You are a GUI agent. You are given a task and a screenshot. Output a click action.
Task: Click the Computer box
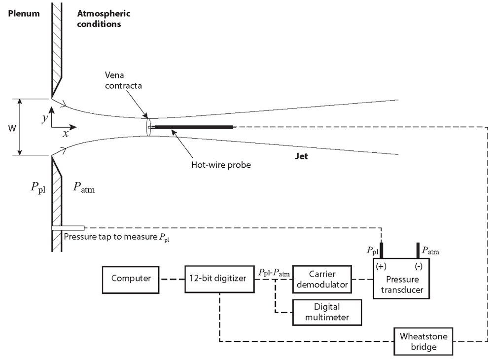pos(131,280)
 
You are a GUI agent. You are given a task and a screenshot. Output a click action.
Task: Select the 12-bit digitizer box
pos(219,279)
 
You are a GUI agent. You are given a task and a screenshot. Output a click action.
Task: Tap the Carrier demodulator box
pos(322,280)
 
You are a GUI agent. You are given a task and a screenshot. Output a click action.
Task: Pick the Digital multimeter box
pos(327,312)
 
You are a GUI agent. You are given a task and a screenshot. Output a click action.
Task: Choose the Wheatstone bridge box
pos(423,342)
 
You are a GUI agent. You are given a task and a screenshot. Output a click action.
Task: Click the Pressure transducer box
pos(401,279)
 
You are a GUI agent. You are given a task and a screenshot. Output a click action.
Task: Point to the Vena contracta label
pos(123,80)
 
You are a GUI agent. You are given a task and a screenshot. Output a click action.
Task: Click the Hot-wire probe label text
pos(221,165)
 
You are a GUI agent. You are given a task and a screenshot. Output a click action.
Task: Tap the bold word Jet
pos(301,156)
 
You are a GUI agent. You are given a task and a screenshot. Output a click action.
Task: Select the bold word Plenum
pos(24,13)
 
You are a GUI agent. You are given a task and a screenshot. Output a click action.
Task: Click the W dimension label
pos(12,128)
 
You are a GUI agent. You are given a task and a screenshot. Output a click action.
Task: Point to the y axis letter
pos(45,118)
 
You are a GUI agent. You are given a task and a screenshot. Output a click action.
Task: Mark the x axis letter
pos(66,134)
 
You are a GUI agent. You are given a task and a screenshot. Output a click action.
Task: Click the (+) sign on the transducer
pos(381,266)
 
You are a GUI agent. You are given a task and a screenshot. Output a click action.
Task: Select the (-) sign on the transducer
pos(419,266)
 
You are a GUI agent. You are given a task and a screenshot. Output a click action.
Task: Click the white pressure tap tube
pos(68,228)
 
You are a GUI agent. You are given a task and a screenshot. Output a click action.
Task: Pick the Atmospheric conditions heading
pos(104,19)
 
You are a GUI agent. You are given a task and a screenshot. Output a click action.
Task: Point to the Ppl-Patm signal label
pos(274,273)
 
